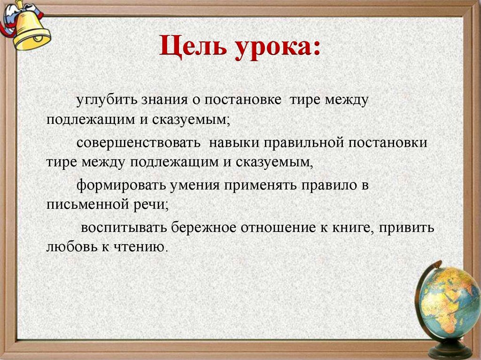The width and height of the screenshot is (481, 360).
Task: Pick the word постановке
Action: tap(243, 100)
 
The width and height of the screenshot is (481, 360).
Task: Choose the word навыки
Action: tap(233, 142)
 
